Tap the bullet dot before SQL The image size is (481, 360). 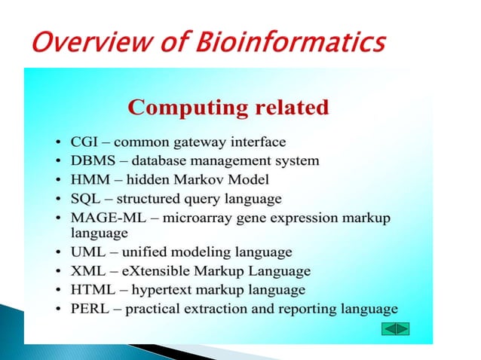[x=59, y=200]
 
